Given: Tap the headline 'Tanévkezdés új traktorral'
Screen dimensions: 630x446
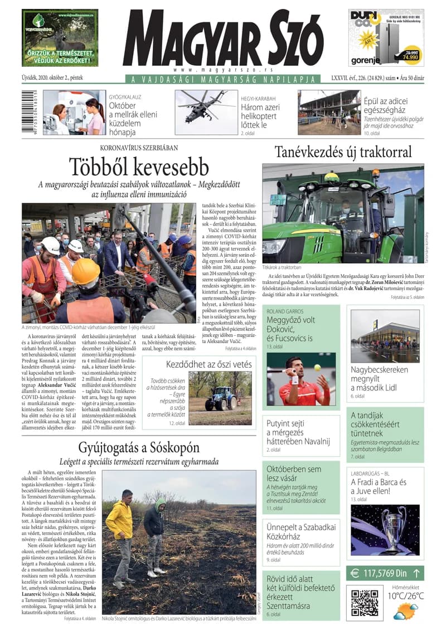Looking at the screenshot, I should click(x=343, y=152).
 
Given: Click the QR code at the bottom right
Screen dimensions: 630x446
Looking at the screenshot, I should click(x=365, y=602).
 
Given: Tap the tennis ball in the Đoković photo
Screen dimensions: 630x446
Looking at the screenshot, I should click(x=317, y=368).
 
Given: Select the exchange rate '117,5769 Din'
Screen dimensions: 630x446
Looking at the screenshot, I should click(x=385, y=572).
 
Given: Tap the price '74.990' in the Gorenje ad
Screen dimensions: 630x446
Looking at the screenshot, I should click(x=413, y=57).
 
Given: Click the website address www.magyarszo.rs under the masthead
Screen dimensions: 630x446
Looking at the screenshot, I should click(x=222, y=70).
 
